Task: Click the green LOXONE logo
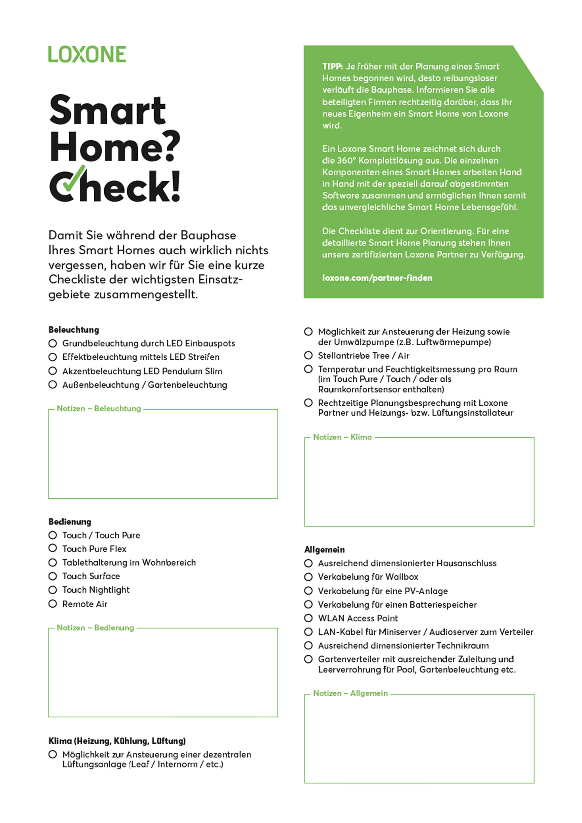coord(87,54)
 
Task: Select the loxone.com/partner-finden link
coord(377,278)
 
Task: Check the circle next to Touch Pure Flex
coord(53,548)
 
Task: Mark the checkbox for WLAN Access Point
coord(308,618)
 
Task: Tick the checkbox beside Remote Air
coord(53,604)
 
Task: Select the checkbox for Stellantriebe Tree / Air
coord(308,355)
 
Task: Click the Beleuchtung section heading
coord(74,330)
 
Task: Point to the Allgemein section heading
coord(324,549)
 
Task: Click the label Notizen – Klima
coord(342,437)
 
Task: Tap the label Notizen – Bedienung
coord(95,628)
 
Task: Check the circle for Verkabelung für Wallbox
coord(308,577)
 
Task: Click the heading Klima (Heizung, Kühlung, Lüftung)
coord(117,741)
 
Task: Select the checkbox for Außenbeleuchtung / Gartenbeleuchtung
coord(53,385)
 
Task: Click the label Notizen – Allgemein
coord(350,693)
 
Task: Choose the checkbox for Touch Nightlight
coord(53,589)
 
